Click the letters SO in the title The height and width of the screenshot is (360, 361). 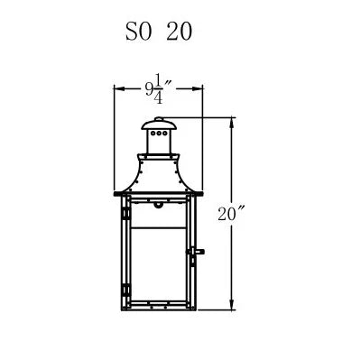138,32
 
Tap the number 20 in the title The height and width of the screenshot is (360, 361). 180,32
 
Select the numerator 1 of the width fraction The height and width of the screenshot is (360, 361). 159,80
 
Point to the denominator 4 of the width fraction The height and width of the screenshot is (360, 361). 158,97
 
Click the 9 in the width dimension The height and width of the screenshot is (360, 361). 149,89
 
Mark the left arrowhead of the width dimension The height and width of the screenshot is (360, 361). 119,88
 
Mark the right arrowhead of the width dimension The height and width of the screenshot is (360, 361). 197,88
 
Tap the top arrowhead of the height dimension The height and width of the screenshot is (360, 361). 231,123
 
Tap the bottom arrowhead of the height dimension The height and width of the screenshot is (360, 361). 231,304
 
